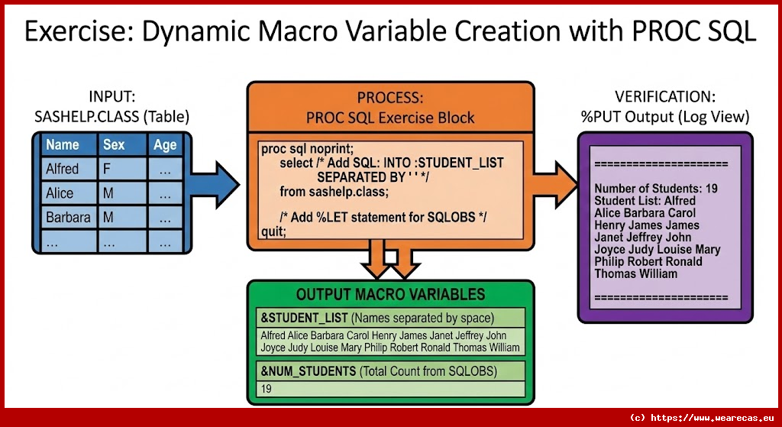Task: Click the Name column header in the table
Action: pyautogui.click(x=62, y=144)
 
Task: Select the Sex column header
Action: pyautogui.click(x=114, y=144)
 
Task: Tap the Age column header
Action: pyautogui.click(x=164, y=144)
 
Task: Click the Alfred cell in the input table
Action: pyautogui.click(x=62, y=169)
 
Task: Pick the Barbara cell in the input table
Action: pyautogui.click(x=67, y=217)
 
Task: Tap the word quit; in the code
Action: pyautogui.click(x=273, y=231)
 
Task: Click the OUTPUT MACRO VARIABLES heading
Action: pyautogui.click(x=390, y=294)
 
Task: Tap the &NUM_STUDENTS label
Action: pyautogui.click(x=309, y=371)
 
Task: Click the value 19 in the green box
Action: pyautogui.click(x=267, y=389)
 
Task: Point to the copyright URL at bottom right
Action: pyautogui.click(x=703, y=417)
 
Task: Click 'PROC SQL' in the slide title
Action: pyautogui.click(x=681, y=31)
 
